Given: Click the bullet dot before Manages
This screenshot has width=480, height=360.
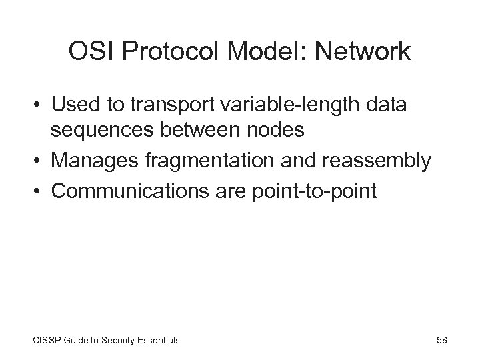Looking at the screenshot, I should (42, 161).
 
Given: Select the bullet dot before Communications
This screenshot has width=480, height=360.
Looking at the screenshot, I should (42, 191).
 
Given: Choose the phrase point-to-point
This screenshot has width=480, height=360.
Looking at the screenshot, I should (315, 191).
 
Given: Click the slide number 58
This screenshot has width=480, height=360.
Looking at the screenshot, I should (441, 340).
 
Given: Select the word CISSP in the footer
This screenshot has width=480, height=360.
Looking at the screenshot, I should (43, 340).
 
